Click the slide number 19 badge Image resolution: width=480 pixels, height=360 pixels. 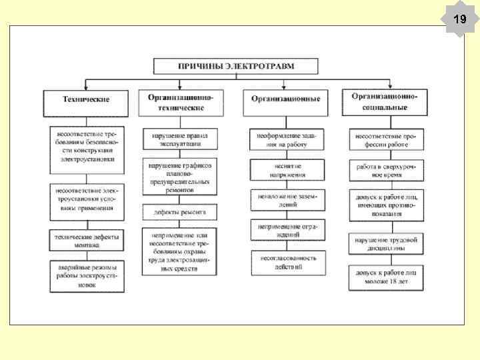click(459, 19)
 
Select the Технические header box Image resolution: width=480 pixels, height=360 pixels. click(86, 100)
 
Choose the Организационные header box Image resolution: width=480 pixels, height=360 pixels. click(285, 99)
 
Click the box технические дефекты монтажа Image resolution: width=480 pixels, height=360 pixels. click(86, 240)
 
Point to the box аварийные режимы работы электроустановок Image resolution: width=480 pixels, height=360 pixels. click(86, 275)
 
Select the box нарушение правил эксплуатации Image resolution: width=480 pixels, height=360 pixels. click(180, 139)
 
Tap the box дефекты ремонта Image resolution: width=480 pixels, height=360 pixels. click(180, 211)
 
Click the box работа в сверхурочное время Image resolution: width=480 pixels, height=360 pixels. click(387, 170)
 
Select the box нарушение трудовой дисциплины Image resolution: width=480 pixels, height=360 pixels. click(387, 244)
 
